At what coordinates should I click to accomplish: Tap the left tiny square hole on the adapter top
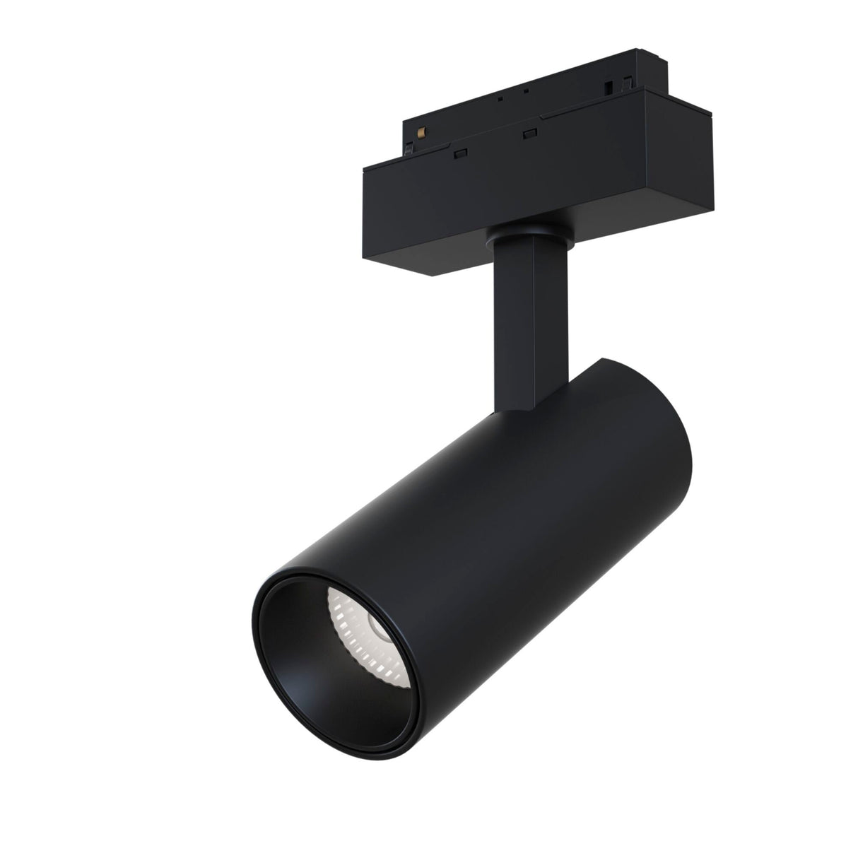tap(501, 100)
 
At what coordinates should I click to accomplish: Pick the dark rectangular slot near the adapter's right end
tap(608, 90)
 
